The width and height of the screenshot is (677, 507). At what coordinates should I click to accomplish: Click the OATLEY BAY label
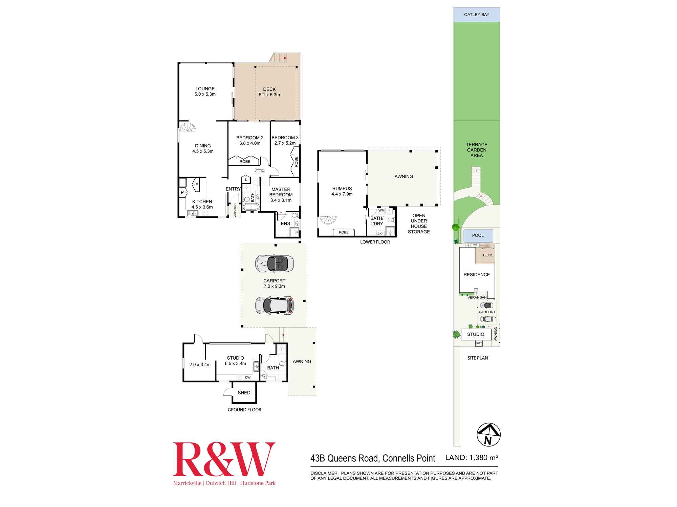click(x=477, y=15)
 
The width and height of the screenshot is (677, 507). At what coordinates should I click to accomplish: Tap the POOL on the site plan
click(x=478, y=235)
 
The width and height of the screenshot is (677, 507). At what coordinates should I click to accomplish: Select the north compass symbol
click(x=488, y=434)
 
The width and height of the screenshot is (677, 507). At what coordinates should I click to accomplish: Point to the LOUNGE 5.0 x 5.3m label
click(x=205, y=92)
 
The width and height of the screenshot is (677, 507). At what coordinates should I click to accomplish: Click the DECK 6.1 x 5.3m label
click(x=269, y=92)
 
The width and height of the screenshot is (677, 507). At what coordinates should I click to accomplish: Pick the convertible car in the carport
click(x=274, y=263)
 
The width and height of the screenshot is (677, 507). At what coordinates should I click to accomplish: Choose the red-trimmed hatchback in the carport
click(x=274, y=306)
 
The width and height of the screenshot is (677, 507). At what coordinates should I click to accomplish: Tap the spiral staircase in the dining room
click(x=188, y=128)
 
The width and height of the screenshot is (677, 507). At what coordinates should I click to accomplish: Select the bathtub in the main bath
click(x=251, y=207)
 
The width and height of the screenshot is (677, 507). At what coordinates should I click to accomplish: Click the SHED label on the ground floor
click(x=244, y=393)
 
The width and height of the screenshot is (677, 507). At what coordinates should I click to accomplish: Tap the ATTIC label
click(x=260, y=171)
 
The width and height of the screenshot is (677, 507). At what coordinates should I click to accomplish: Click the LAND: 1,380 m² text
click(x=472, y=458)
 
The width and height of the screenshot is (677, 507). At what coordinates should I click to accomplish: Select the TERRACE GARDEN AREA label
click(x=477, y=150)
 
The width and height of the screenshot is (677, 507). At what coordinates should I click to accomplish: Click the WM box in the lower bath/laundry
click(x=381, y=211)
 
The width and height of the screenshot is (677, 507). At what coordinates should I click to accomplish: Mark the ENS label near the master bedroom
click(x=285, y=223)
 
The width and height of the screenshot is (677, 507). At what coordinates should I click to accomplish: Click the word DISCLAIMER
click(x=324, y=473)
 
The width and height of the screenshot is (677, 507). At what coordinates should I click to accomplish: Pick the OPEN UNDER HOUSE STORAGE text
click(x=419, y=223)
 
